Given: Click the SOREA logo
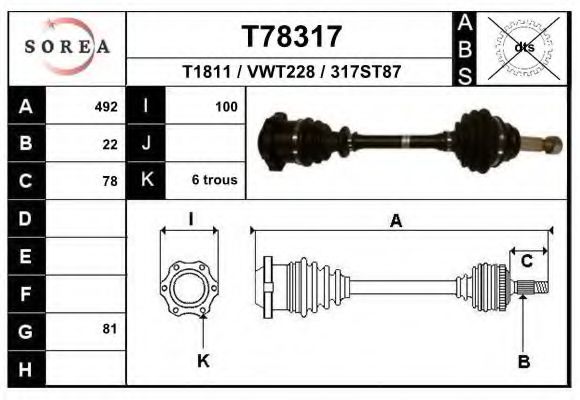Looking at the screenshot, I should (67, 46).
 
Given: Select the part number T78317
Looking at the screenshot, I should (291, 37).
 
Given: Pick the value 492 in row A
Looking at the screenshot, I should (106, 106).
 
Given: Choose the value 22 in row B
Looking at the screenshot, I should (110, 144).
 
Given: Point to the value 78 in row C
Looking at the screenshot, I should (110, 181).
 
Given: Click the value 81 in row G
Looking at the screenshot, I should (110, 329).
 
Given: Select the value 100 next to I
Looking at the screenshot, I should (226, 106).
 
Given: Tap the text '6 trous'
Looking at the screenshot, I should (214, 181).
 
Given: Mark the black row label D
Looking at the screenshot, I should (25, 218).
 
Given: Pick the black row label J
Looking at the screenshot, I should (146, 144).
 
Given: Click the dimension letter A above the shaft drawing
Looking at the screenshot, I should (396, 222).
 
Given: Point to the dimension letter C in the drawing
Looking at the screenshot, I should (526, 262).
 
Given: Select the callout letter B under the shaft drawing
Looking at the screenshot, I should (523, 362).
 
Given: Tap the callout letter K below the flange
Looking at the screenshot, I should (202, 362).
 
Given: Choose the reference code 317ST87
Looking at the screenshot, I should (367, 73).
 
